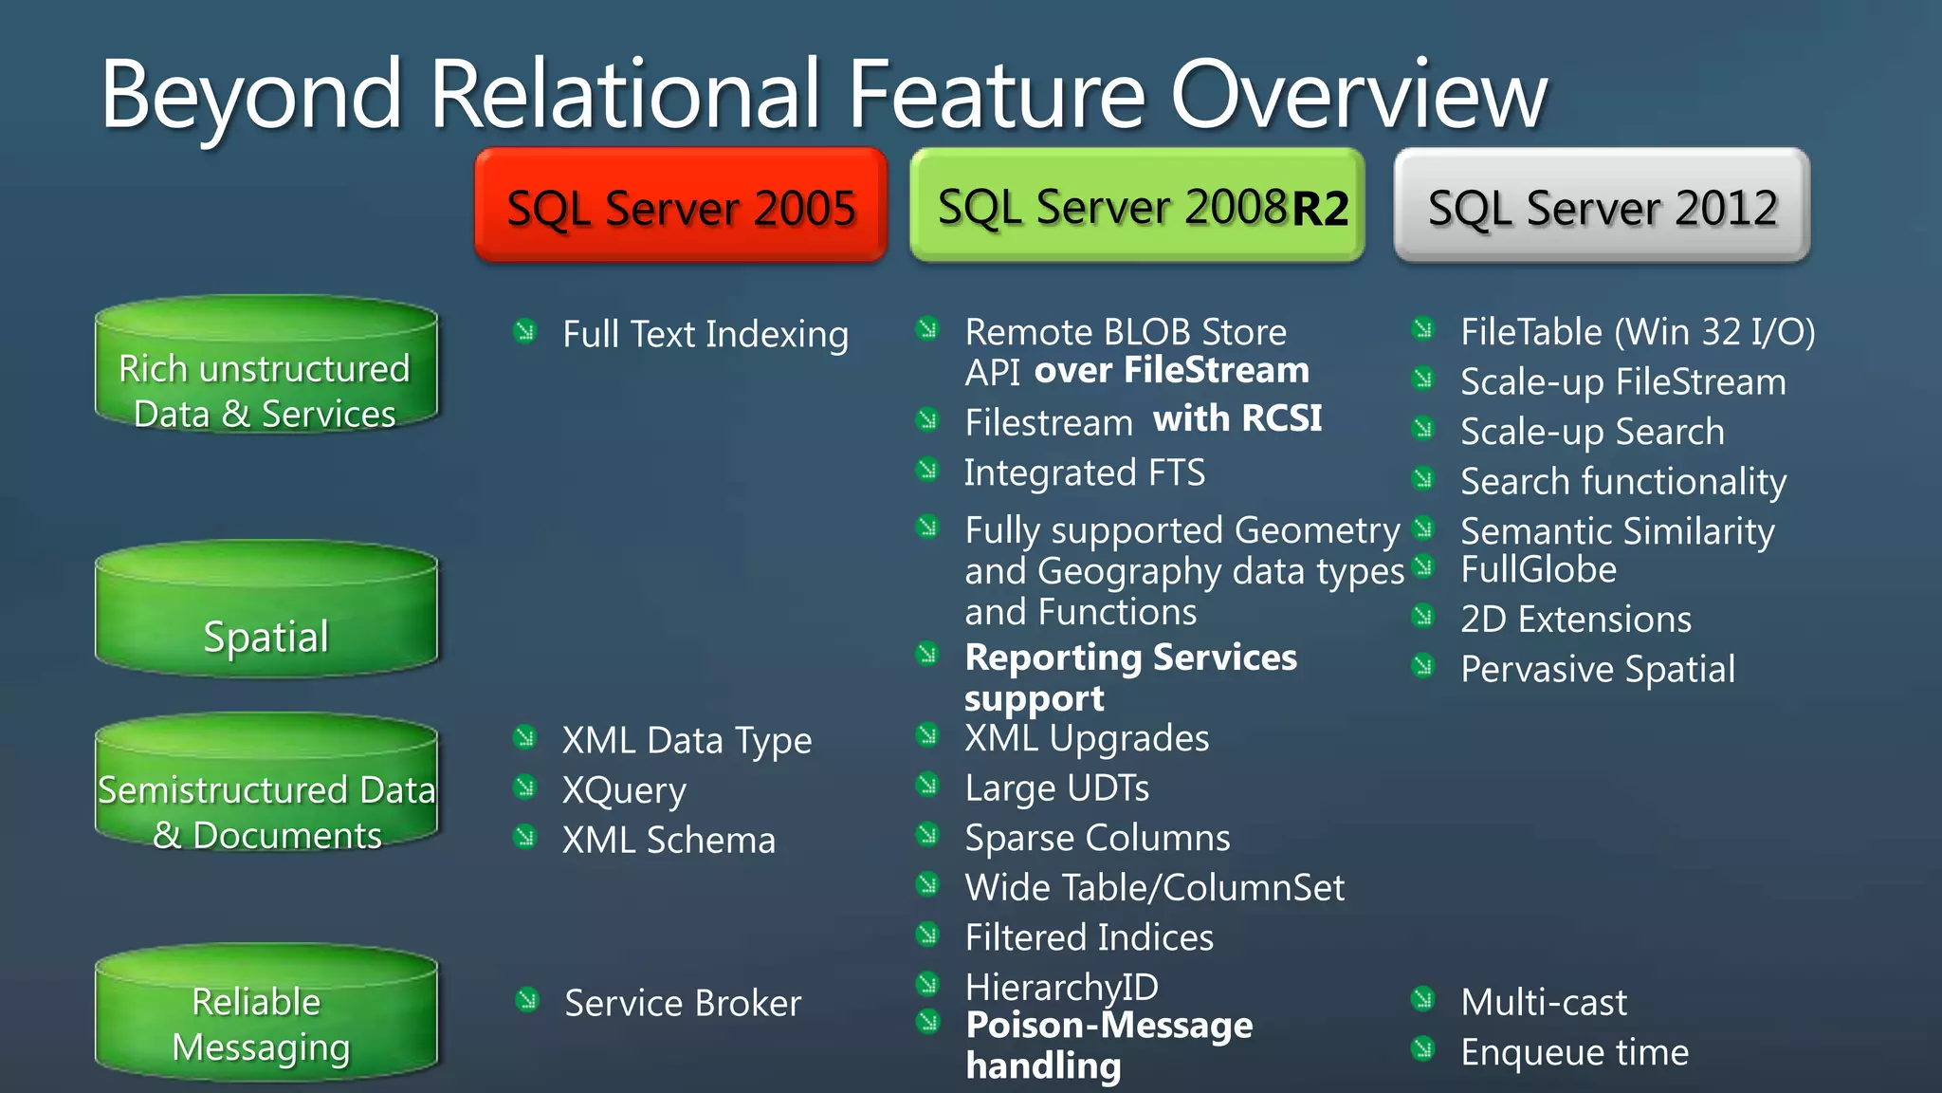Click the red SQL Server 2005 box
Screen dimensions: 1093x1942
coord(681,206)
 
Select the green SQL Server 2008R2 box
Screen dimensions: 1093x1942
coord(1137,206)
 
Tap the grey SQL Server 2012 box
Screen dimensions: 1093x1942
coord(1602,206)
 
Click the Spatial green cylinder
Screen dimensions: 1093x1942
coord(266,612)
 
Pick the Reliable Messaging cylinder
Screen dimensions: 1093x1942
coord(266,1014)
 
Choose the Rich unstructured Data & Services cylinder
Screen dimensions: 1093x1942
coord(266,368)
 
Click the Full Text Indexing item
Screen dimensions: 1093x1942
coord(705,334)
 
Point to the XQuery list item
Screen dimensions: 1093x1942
coord(624,790)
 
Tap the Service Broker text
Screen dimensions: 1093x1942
coord(683,1003)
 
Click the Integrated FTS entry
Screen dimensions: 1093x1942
coord(1085,472)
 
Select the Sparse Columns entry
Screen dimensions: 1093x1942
coord(1097,838)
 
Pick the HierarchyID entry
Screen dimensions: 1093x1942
coord(1061,987)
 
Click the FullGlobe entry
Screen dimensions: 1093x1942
coord(1538,569)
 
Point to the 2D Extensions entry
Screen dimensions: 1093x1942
coord(1576,620)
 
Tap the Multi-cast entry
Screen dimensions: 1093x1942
coord(1544,1002)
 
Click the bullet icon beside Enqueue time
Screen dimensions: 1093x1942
coord(1422,1048)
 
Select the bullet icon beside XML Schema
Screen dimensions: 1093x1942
coord(524,837)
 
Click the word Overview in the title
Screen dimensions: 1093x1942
coord(1359,95)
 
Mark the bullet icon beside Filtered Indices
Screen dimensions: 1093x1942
coord(927,935)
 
